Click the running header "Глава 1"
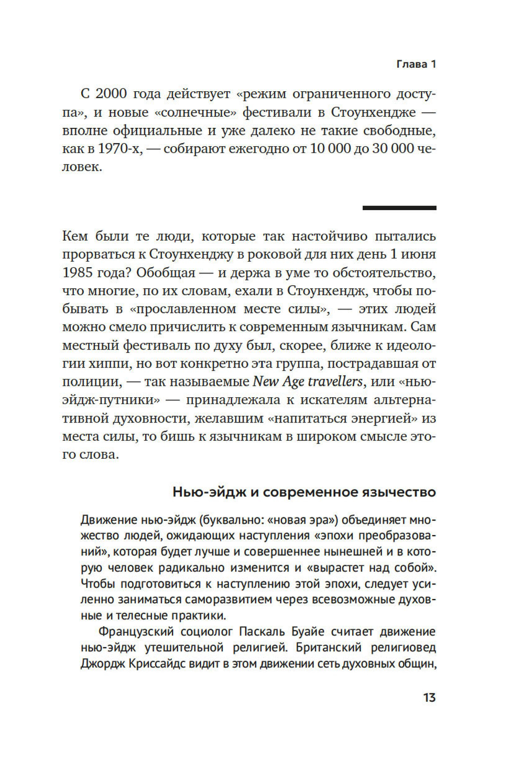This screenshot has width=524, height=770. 416,64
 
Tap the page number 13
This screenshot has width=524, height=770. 429,698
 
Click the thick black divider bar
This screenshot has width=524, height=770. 399,208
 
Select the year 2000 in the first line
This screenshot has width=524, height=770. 111,94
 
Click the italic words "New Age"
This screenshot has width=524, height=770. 278,382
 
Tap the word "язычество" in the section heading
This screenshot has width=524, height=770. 398,492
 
